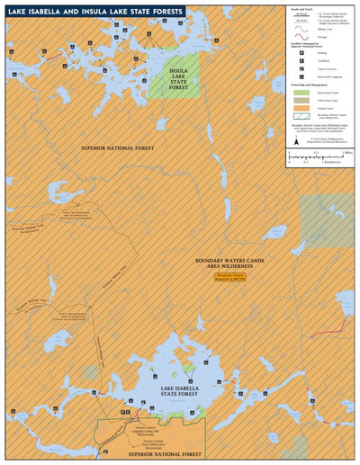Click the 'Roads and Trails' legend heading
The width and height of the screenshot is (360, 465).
(299, 13)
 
